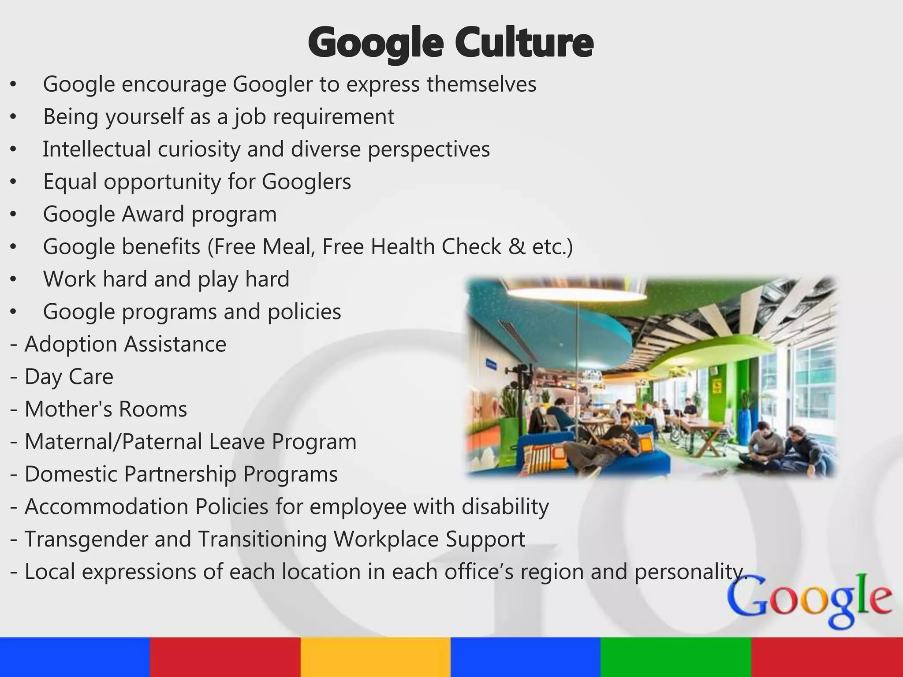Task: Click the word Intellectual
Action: coord(97,149)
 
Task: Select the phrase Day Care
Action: coord(69,377)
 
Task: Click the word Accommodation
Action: coord(106,507)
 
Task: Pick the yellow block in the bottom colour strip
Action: coord(376,657)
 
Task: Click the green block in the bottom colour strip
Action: coord(676,657)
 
